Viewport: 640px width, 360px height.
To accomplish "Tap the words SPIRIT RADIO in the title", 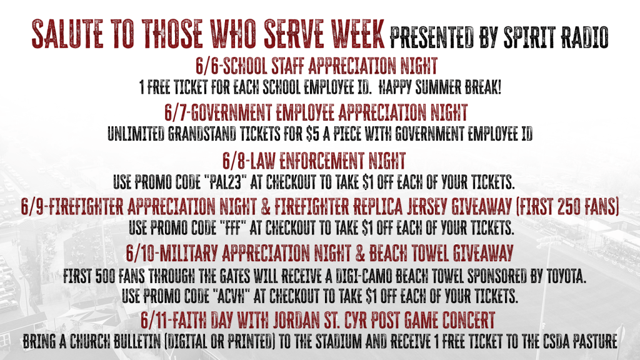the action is pyautogui.click(x=556, y=37).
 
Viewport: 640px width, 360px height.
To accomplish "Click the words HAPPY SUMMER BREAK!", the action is pyautogui.click(x=440, y=87).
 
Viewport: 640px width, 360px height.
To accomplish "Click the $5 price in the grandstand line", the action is pyautogui.click(x=312, y=134).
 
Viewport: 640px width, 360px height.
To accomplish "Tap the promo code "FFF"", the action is pyautogui.click(x=232, y=227).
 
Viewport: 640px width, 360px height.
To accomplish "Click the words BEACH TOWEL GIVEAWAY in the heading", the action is pyautogui.click(x=441, y=254).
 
